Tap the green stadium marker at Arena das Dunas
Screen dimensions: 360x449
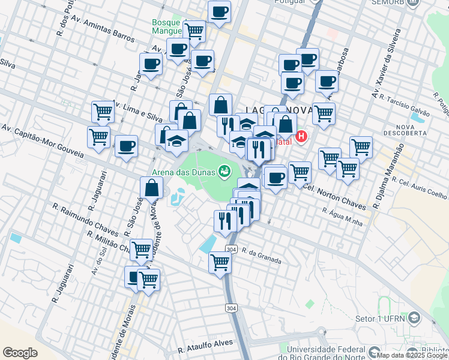click(224, 172)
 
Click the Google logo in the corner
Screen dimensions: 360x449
click(20, 352)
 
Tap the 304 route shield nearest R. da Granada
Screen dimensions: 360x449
click(231, 249)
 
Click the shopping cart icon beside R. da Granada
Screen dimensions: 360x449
click(220, 262)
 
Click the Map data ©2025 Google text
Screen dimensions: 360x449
click(412, 355)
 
